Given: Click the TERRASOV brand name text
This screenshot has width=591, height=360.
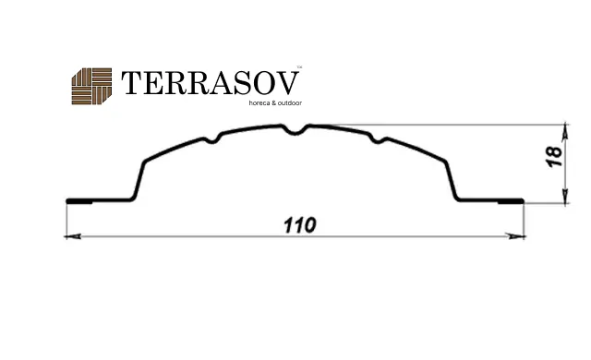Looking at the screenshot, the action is tap(210, 83).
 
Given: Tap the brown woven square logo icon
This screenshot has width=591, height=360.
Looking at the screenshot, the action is tap(91, 86).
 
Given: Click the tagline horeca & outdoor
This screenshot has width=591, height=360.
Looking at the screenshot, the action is tap(275, 102).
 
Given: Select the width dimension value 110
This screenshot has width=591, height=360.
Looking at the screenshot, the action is tap(299, 225).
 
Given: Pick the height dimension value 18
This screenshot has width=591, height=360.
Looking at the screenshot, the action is tap(554, 156).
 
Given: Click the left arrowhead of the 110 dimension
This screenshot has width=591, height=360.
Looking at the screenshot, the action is tap(72, 236).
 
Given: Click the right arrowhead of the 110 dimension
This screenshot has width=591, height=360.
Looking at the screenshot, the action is tap(516, 236).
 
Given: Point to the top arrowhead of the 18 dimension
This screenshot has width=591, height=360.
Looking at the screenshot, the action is tap(564, 131).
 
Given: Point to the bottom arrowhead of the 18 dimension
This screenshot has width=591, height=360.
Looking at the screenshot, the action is tap(564, 196).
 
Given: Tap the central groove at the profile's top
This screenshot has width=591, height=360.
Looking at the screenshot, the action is tap(295, 131).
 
